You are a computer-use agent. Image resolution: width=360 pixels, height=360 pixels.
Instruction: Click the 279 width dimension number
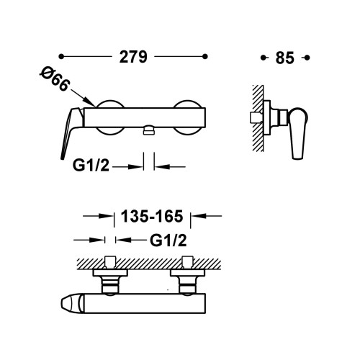[x=133, y=57]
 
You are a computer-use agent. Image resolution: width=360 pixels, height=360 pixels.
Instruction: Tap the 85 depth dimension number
[x=284, y=58]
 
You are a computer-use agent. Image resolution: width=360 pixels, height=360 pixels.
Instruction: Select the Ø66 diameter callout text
[x=55, y=78]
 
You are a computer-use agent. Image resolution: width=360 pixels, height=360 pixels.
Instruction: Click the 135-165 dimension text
[x=152, y=216]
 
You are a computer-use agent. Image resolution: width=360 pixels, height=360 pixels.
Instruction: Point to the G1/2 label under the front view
[x=91, y=165]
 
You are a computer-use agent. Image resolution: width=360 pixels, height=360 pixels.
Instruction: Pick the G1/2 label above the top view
[x=168, y=240]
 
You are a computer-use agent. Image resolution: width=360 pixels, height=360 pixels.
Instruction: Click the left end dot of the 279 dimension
[x=61, y=57]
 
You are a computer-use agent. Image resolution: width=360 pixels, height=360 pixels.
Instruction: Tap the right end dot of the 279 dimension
[x=205, y=57]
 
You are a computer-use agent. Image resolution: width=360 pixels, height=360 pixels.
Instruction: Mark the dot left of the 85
[x=264, y=58]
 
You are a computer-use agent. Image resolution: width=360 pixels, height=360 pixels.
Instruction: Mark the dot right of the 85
[x=307, y=58]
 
